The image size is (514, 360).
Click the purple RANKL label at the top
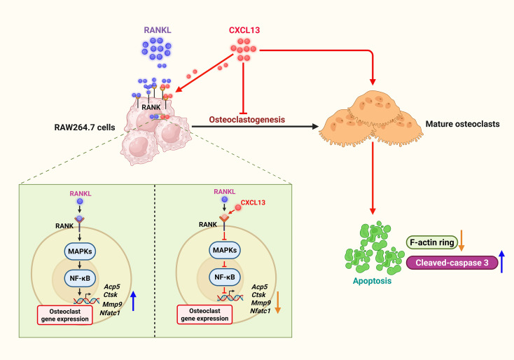click(158, 30)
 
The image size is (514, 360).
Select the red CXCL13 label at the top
click(244, 30)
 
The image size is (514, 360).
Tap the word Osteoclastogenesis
click(246, 120)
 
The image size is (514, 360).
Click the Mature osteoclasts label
click(463, 124)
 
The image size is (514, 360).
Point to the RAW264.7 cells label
click(85, 127)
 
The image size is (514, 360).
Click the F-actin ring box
click(432, 242)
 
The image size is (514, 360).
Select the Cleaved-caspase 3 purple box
click(452, 263)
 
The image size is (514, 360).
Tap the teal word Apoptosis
click(372, 281)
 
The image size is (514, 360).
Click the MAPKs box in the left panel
click(80, 251)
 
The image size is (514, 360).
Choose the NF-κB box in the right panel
click(225, 277)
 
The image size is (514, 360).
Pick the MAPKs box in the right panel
click(225, 251)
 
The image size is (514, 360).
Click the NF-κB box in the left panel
click(80, 278)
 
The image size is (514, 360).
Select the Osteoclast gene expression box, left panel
click(65, 315)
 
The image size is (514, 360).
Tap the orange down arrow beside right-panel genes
click(277, 303)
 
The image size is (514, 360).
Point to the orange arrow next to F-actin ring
click(461, 240)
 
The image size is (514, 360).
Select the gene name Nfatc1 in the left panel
click(110, 313)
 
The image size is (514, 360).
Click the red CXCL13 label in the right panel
click(253, 202)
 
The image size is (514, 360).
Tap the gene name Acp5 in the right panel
click(260, 287)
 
